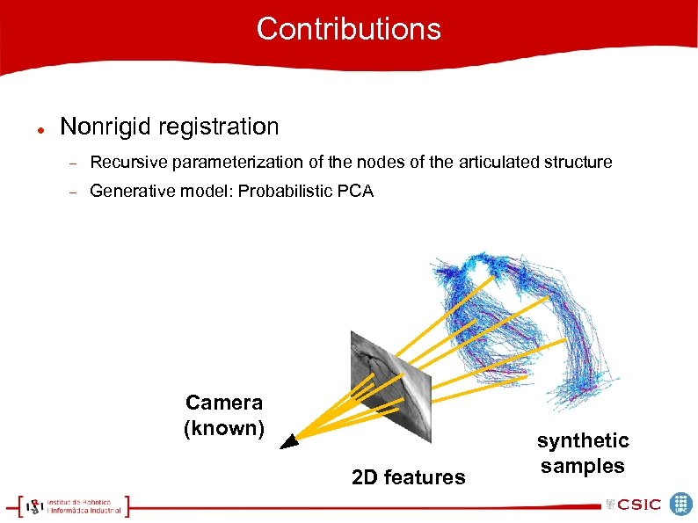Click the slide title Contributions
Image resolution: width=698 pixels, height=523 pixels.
348,29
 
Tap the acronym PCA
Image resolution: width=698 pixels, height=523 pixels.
355,191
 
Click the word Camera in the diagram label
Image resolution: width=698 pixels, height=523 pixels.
223,403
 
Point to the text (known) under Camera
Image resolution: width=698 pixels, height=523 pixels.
223,429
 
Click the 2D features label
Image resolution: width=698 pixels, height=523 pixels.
408,477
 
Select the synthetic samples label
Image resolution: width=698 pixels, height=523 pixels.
583,453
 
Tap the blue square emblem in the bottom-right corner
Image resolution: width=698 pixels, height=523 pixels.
680,504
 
